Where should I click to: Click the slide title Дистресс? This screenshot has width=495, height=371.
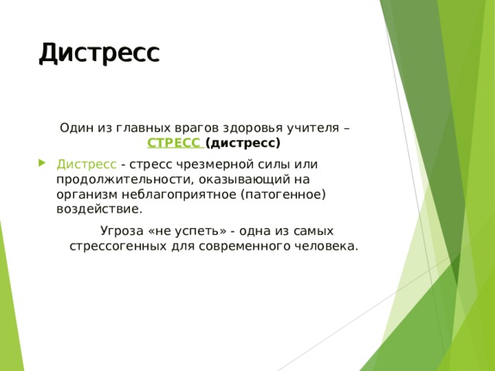(99, 53)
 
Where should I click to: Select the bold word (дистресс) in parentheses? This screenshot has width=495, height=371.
(243, 143)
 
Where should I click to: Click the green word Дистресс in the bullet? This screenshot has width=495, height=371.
(87, 165)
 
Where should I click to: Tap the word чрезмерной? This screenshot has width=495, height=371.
(206, 165)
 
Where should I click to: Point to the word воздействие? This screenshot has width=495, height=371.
(99, 209)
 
